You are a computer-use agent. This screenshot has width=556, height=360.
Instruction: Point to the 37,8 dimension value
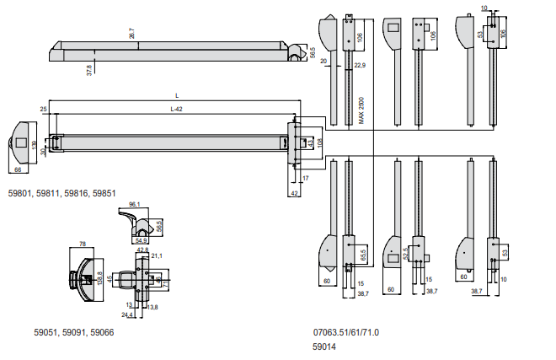point(89,71)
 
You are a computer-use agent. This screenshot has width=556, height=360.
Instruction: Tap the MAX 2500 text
point(361,110)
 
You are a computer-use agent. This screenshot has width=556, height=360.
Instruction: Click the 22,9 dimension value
point(360,65)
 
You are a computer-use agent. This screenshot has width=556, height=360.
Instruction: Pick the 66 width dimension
point(18,170)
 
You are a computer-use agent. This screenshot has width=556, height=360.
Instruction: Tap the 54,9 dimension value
point(141,240)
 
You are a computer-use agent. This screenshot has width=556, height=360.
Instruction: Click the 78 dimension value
point(83,244)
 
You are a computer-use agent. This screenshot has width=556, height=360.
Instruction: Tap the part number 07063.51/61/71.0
point(345,332)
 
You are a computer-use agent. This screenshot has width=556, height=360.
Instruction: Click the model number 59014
point(324,345)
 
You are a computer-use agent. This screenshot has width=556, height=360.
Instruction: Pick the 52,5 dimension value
point(405,253)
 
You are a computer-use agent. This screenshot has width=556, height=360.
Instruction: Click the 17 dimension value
point(307,179)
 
